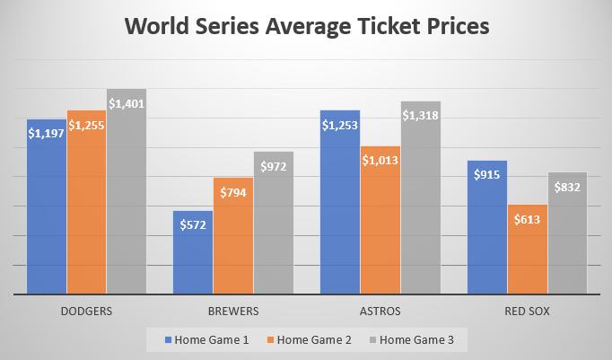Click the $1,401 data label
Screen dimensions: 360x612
126,103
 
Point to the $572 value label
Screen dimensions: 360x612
193,224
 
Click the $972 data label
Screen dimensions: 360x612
273,166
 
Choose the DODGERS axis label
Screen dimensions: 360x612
86,312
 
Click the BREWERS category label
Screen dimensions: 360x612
232,312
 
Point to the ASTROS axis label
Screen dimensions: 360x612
380,312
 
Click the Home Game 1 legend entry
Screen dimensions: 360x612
205,339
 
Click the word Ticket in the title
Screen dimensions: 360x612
384,27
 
